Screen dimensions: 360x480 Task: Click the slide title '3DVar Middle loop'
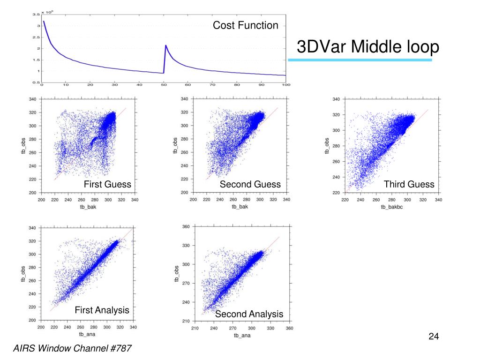click(x=368, y=47)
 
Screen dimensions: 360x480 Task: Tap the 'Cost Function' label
click(x=245, y=25)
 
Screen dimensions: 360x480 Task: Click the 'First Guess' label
click(x=107, y=184)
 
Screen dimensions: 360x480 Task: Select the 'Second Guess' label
click(x=250, y=184)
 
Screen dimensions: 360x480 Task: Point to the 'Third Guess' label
click(x=409, y=184)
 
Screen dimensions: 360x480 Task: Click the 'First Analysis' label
click(x=102, y=310)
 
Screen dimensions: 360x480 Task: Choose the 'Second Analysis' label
click(x=249, y=314)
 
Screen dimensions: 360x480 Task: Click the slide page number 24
click(x=433, y=337)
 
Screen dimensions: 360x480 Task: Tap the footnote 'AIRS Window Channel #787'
click(x=72, y=348)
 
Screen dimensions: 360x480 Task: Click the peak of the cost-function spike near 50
click(x=166, y=45)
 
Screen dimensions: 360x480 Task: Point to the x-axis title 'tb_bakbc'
click(x=391, y=207)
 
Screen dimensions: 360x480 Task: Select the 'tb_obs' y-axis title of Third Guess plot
click(x=327, y=146)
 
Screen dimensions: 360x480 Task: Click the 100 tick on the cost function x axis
click(x=286, y=85)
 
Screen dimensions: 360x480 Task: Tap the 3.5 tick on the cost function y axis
click(x=35, y=14)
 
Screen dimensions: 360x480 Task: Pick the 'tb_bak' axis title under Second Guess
click(x=240, y=207)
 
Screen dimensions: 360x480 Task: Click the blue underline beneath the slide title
click(x=360, y=60)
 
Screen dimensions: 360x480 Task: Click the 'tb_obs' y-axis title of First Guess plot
click(x=23, y=146)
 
